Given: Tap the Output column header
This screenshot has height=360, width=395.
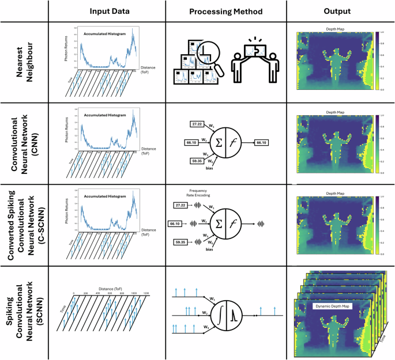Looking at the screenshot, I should [x=338, y=11].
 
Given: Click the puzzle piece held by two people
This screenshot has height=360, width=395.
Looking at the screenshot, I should [x=253, y=44].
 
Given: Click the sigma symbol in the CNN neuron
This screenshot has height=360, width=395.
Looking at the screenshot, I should [x=219, y=141].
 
